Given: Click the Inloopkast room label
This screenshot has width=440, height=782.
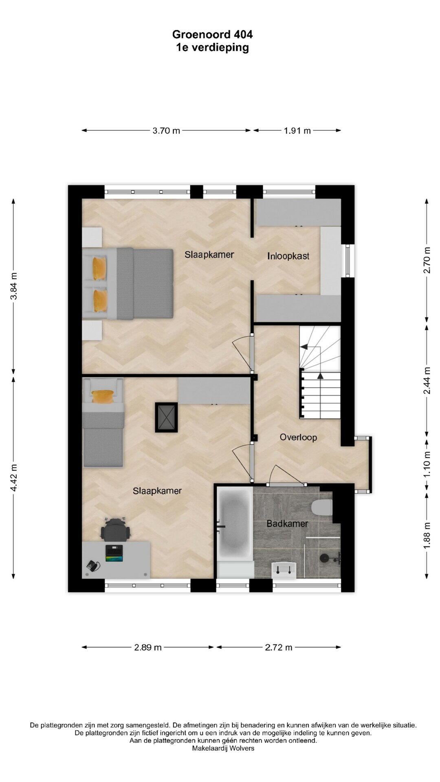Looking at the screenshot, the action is pos(288,256).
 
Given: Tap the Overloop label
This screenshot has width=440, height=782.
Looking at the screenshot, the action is pos(298,437).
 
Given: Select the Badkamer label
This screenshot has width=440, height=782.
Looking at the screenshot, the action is pos(287,524).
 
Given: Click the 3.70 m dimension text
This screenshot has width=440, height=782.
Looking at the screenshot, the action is pos(166,131).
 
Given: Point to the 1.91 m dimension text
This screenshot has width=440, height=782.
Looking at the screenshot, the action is pos(297,131).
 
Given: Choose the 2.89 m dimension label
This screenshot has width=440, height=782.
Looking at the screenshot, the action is pos(148,647).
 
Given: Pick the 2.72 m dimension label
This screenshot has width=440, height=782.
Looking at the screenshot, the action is pos(279,647).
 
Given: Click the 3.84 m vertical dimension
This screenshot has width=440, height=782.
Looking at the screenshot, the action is pos(14,286).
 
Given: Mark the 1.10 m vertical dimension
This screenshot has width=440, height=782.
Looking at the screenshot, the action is pos(427,464).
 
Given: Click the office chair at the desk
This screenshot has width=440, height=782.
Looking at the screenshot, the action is pos(116,529).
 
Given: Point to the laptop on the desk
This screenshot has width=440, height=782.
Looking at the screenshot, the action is pos(114,553).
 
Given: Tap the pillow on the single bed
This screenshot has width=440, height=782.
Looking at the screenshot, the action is pos(103,396).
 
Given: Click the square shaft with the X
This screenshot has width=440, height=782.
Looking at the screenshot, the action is pos(166,417).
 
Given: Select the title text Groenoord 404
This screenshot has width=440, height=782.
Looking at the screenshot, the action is pos(212,35).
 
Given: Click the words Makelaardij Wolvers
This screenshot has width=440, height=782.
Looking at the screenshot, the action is pos(223,748).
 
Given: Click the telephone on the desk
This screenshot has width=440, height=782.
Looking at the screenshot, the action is pos(93,566).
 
